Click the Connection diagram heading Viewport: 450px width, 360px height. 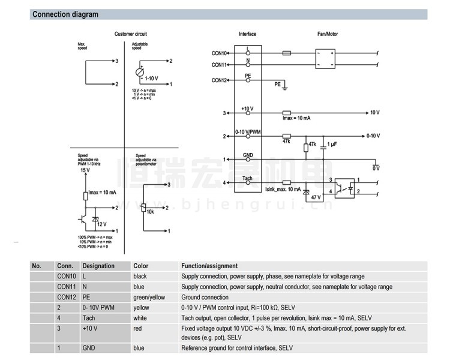tap(65, 14)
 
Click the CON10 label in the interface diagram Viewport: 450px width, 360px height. tap(219, 53)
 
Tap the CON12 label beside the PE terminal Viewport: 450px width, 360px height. tap(219, 80)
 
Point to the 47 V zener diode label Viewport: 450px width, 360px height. tap(316, 197)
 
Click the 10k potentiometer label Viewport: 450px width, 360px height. tap(150, 211)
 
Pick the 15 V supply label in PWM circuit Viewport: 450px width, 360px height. tap(85, 170)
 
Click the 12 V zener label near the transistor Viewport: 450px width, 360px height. tap(101, 224)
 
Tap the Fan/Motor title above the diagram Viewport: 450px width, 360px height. tap(327, 34)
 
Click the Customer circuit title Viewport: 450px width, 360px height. tap(130, 34)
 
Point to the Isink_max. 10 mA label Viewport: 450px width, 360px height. tap(283, 189)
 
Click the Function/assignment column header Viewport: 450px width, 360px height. tap(209, 266)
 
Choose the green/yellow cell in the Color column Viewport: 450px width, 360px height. tap(149, 297)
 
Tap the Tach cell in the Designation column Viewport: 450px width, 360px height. tap(89, 317)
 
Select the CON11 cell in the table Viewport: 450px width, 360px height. tap(66, 287)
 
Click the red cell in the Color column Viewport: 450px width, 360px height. tap(138, 328)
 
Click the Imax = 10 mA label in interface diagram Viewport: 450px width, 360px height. tap(296, 119)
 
